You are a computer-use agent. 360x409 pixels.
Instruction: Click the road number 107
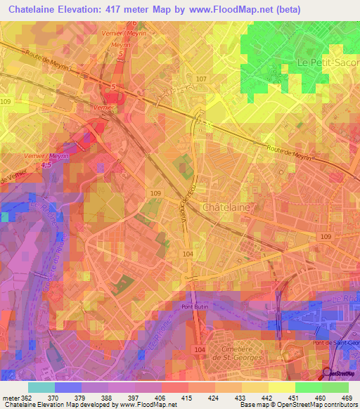[202, 78]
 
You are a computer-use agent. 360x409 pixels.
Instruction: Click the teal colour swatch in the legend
[41, 387]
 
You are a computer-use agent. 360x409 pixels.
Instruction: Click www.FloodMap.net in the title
[238, 10]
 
